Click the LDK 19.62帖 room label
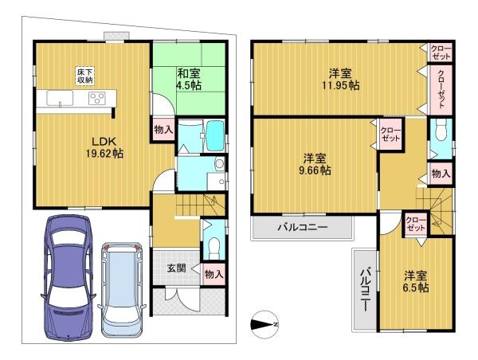[104, 147]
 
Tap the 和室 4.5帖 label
[189, 80]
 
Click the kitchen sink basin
[60, 98]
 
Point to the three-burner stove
[97, 98]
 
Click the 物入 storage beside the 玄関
[214, 274]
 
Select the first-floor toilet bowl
[214, 245]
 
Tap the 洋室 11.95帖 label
[340, 80]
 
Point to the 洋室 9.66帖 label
[315, 164]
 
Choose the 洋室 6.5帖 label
[416, 282]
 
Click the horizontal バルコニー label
[302, 227]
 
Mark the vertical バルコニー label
[365, 288]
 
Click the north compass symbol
[264, 325]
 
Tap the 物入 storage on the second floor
[441, 174]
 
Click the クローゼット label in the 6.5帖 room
[416, 225]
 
